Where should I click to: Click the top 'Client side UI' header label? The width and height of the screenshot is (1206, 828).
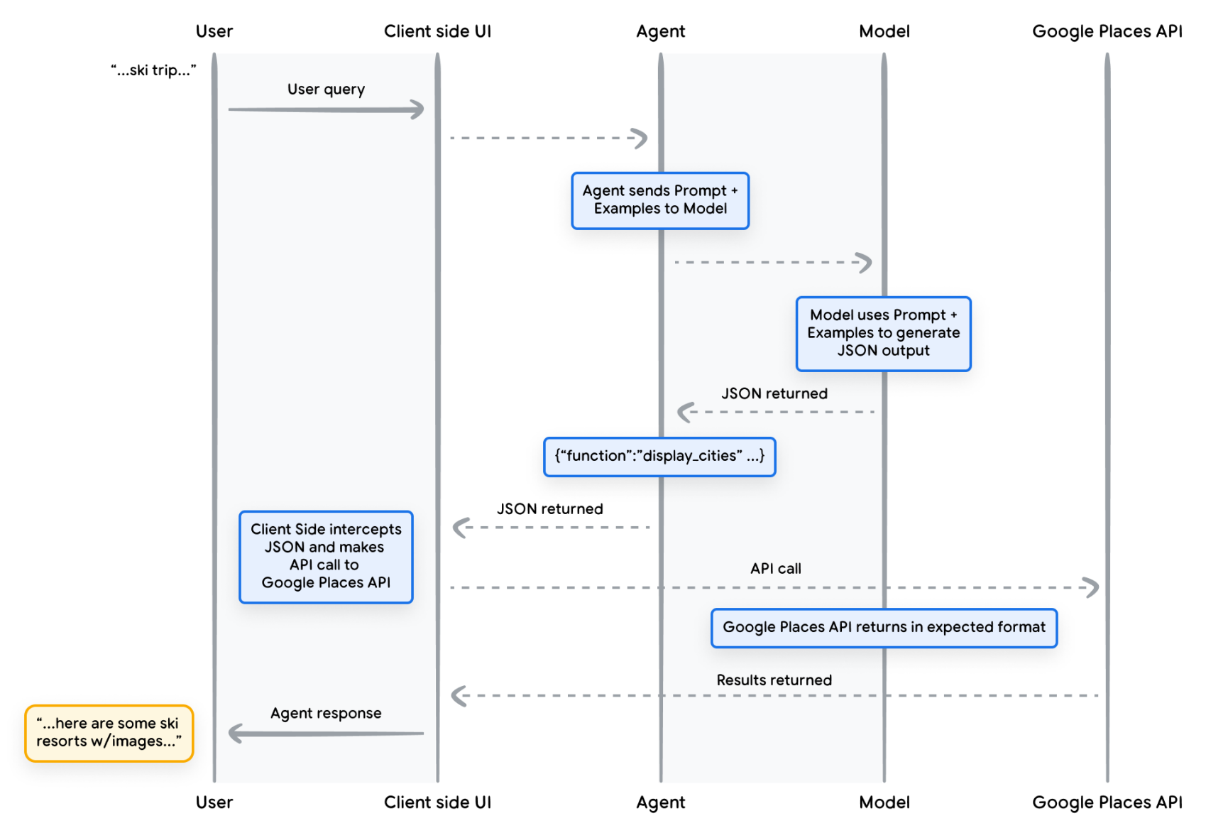pyautogui.click(x=437, y=31)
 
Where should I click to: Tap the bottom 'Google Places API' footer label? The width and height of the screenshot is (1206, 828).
pyautogui.click(x=1107, y=802)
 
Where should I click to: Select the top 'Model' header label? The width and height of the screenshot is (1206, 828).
pyautogui.click(x=884, y=31)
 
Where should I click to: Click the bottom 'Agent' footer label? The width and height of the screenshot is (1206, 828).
pyautogui.click(x=661, y=802)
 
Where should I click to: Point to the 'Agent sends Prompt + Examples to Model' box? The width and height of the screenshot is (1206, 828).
pyautogui.click(x=660, y=200)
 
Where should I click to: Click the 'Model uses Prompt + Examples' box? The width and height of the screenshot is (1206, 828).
pyautogui.click(x=884, y=334)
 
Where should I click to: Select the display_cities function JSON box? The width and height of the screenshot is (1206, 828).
pyautogui.click(x=659, y=457)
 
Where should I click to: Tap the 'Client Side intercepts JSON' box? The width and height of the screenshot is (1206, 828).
pyautogui.click(x=326, y=557)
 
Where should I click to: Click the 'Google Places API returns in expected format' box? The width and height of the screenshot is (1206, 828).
pyautogui.click(x=884, y=628)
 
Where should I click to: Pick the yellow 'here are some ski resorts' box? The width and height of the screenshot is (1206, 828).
pyautogui.click(x=109, y=733)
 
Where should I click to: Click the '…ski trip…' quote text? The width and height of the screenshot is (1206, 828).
pyautogui.click(x=153, y=70)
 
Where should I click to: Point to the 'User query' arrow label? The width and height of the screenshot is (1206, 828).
pyautogui.click(x=326, y=89)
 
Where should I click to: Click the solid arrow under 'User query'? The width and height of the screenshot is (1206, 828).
pyautogui.click(x=327, y=109)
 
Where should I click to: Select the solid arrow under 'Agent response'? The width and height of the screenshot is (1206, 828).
pyautogui.click(x=327, y=733)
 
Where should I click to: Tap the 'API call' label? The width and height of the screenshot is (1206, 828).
pyautogui.click(x=775, y=568)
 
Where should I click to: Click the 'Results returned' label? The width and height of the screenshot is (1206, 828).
pyautogui.click(x=774, y=680)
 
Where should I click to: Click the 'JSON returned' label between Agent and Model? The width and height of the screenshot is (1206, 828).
pyautogui.click(x=774, y=393)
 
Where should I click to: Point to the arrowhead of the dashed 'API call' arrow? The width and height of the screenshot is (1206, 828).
pyautogui.click(x=1097, y=587)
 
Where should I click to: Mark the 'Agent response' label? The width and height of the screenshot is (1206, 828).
pyautogui.click(x=326, y=713)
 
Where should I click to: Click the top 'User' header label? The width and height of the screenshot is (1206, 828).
pyautogui.click(x=214, y=31)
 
